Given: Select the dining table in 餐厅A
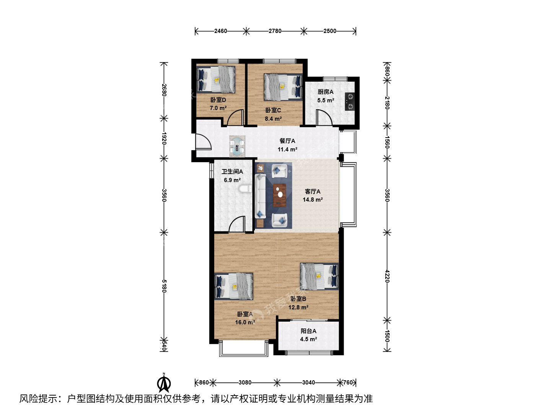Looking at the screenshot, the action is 237,146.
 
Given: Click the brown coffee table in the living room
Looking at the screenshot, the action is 279,195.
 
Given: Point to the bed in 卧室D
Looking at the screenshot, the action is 216,79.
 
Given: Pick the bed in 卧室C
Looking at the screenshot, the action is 283,87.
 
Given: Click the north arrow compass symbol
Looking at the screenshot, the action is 164,383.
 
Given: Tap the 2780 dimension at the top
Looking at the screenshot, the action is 275,31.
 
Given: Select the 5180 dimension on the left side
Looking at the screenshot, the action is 164,286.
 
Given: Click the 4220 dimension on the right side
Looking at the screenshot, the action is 387,276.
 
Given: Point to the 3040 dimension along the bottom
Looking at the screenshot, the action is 308,382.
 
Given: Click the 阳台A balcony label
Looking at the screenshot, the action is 308,331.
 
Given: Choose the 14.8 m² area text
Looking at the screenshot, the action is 313,200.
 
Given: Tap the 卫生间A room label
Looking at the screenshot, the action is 232,172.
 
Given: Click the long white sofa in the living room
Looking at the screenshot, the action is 260,196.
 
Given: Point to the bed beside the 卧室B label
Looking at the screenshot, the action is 319,276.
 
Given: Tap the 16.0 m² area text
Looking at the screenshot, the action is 245,322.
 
